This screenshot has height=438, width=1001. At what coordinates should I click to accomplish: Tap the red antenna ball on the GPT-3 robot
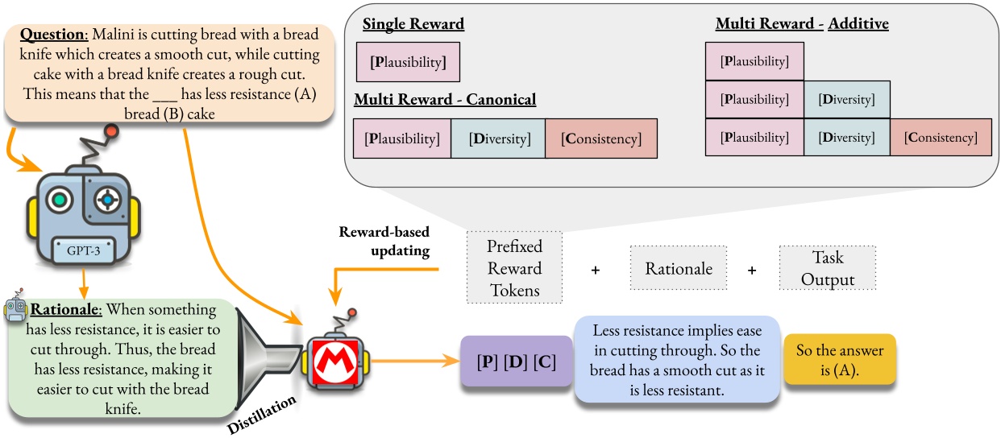(111, 131)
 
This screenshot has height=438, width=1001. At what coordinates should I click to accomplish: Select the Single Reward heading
(413, 25)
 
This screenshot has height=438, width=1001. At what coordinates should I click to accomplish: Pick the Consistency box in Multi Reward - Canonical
(601, 139)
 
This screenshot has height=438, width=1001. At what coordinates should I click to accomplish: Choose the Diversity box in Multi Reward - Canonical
(497, 139)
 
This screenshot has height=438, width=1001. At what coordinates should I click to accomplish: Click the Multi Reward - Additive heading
(802, 24)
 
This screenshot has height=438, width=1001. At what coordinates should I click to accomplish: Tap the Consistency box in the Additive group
(941, 138)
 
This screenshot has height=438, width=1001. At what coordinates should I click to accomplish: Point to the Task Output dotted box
(825, 269)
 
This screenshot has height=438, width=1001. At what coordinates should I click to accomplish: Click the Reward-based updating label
(385, 242)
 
